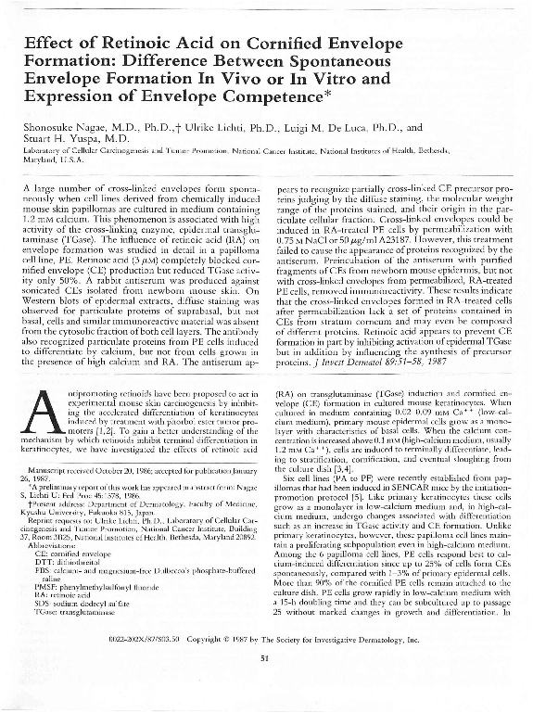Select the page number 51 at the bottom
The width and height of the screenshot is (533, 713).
(266, 659)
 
